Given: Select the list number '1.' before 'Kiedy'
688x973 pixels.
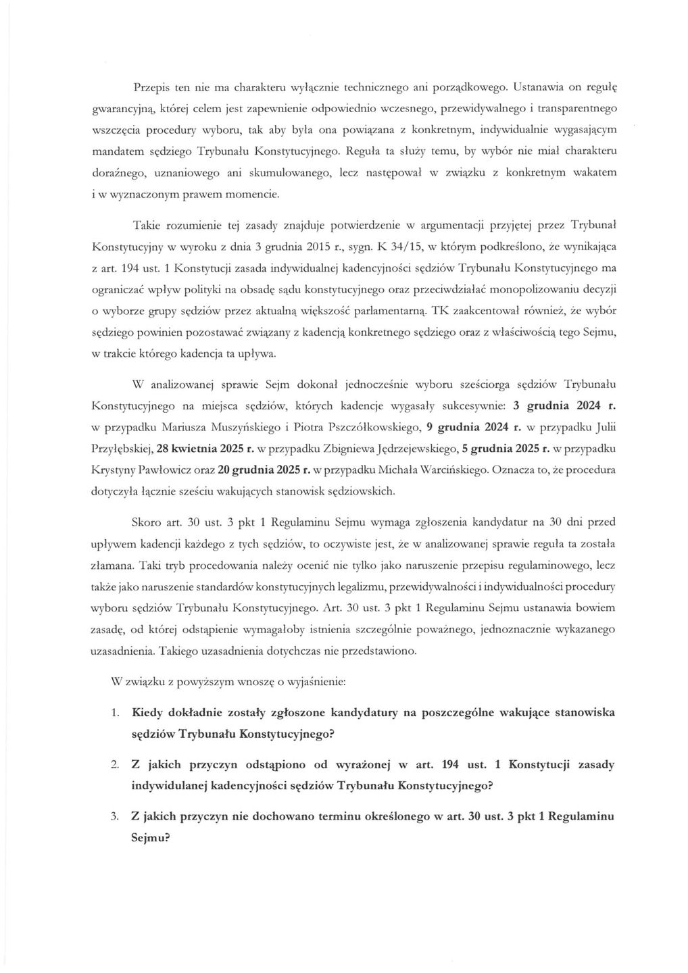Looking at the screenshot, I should coord(116,712).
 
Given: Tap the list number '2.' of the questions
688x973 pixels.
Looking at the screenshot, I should coord(116,764).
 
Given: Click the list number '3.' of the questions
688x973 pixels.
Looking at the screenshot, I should coord(116,816).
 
